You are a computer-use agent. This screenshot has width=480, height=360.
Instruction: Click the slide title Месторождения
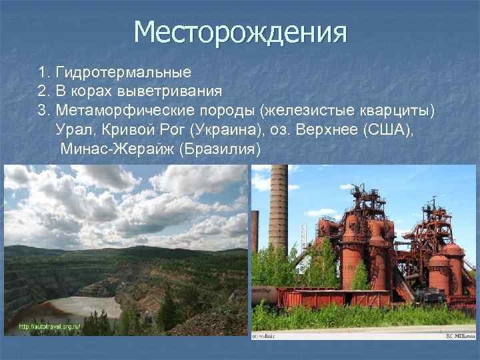click(x=240, y=31)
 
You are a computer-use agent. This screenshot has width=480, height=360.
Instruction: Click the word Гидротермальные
click(x=124, y=71)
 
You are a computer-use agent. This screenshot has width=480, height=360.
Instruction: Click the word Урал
click(x=75, y=129)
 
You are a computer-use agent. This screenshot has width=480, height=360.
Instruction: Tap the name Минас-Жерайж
click(x=117, y=148)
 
